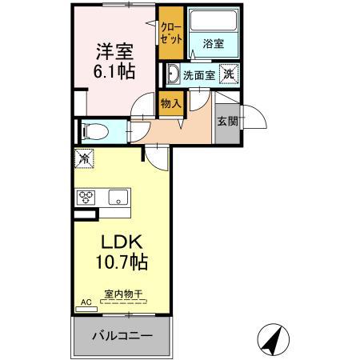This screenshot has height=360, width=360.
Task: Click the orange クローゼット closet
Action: [x=170, y=34]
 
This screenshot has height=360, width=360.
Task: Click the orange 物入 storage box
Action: [x=170, y=102]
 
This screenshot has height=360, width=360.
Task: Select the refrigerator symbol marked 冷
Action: [x=84, y=158]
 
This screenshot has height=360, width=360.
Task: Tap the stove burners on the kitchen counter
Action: [x=86, y=198]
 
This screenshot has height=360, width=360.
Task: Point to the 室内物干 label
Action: [x=123, y=294]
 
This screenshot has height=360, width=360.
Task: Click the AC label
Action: [x=86, y=303]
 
